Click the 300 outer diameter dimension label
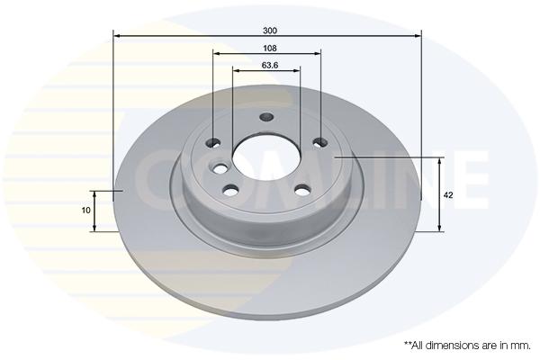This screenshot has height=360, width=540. tap(270, 31)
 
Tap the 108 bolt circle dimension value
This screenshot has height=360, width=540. tap(270, 49)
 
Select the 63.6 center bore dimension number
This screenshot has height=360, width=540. tap(270, 65)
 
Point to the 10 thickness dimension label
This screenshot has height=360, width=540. tap(85, 210)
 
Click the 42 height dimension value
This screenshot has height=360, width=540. tap(448, 195)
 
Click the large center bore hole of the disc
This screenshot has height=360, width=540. tap(265, 156)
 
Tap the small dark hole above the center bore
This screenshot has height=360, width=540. tap(266, 117)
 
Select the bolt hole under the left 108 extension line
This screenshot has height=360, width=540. tap(213, 142)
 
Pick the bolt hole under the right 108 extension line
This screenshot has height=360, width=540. tap(320, 141)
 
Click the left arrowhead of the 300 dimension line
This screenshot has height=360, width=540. tap(116, 35)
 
